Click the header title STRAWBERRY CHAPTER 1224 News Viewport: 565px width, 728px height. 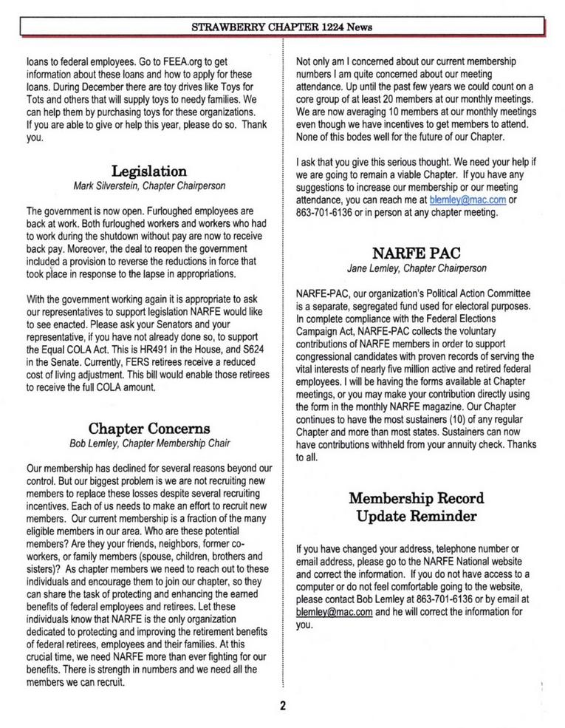281,27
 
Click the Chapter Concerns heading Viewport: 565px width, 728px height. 148,429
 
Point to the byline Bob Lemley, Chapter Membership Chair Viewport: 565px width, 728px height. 148,443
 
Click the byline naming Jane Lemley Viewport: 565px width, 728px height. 417,267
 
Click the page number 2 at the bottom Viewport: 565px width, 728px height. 282,705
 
